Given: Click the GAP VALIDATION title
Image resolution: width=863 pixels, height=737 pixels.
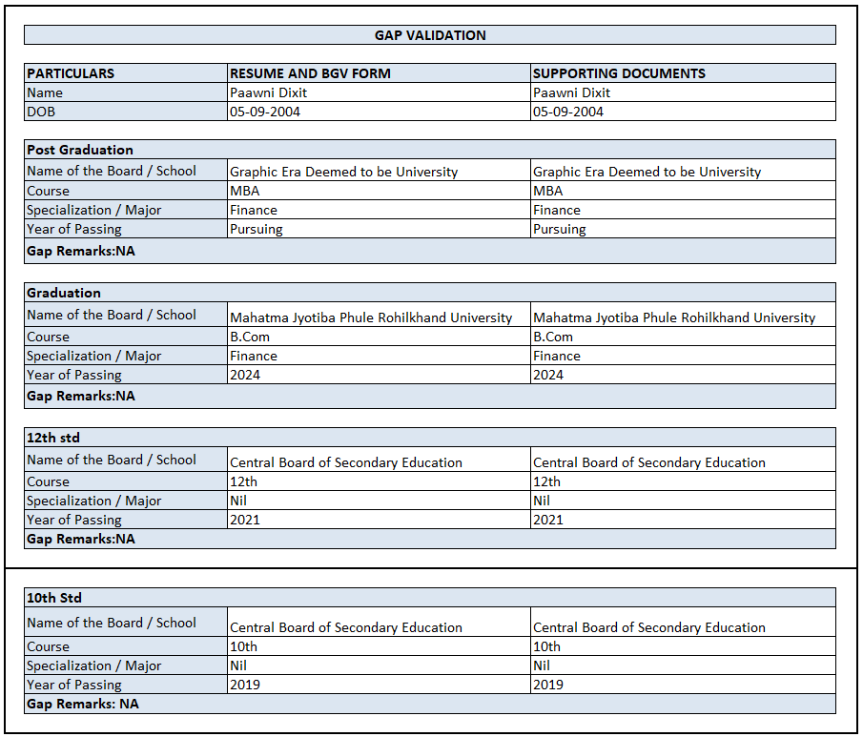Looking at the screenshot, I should click(x=430, y=35).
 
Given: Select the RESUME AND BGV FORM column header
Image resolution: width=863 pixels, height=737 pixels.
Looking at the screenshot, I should click(x=310, y=73).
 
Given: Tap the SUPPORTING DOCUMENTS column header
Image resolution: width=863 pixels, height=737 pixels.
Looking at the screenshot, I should click(x=619, y=73).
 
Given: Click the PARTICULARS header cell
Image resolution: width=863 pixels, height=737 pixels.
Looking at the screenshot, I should click(x=71, y=73).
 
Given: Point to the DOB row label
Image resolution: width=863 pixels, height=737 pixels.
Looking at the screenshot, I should click(x=41, y=112).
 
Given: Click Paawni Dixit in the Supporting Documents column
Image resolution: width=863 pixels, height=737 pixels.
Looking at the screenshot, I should click(x=571, y=92).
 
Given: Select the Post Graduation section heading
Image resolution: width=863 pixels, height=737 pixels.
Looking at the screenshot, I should click(x=80, y=150).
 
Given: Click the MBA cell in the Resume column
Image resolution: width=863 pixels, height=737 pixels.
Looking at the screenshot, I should click(x=244, y=191).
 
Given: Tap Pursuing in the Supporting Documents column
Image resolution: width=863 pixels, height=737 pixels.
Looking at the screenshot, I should click(x=560, y=229).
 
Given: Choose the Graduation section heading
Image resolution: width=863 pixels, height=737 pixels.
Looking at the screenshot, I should click(x=64, y=293).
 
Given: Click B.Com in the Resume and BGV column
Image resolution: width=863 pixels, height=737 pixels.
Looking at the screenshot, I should click(x=250, y=337).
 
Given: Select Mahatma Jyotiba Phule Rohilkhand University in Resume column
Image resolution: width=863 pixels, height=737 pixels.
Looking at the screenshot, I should click(x=371, y=317).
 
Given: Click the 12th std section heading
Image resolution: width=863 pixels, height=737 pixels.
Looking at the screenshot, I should click(x=53, y=438).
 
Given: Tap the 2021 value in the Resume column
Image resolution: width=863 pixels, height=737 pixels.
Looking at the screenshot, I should click(x=245, y=520).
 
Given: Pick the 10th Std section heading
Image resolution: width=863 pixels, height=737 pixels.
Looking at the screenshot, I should click(x=54, y=598).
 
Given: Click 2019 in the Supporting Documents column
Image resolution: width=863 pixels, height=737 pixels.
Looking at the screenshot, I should click(x=548, y=685).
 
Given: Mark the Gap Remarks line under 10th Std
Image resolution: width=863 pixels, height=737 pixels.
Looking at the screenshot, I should click(x=83, y=704).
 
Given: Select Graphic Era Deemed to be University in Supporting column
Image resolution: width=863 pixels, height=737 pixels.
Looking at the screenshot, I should click(x=647, y=172).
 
